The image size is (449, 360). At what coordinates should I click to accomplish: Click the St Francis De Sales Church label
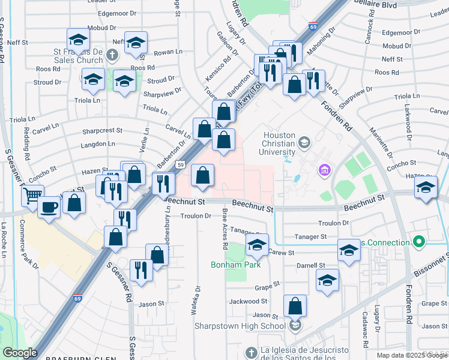[75, 55]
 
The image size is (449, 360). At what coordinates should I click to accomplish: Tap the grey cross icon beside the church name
[112, 56]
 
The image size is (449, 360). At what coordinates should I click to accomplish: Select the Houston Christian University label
[279, 143]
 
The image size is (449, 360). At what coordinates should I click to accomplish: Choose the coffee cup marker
[49, 207]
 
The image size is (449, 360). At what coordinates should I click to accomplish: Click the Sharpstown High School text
[240, 326]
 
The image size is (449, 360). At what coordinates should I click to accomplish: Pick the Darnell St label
[310, 265]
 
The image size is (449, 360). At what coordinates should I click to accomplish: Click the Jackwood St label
[247, 301]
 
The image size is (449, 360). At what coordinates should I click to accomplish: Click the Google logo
[20, 353]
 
